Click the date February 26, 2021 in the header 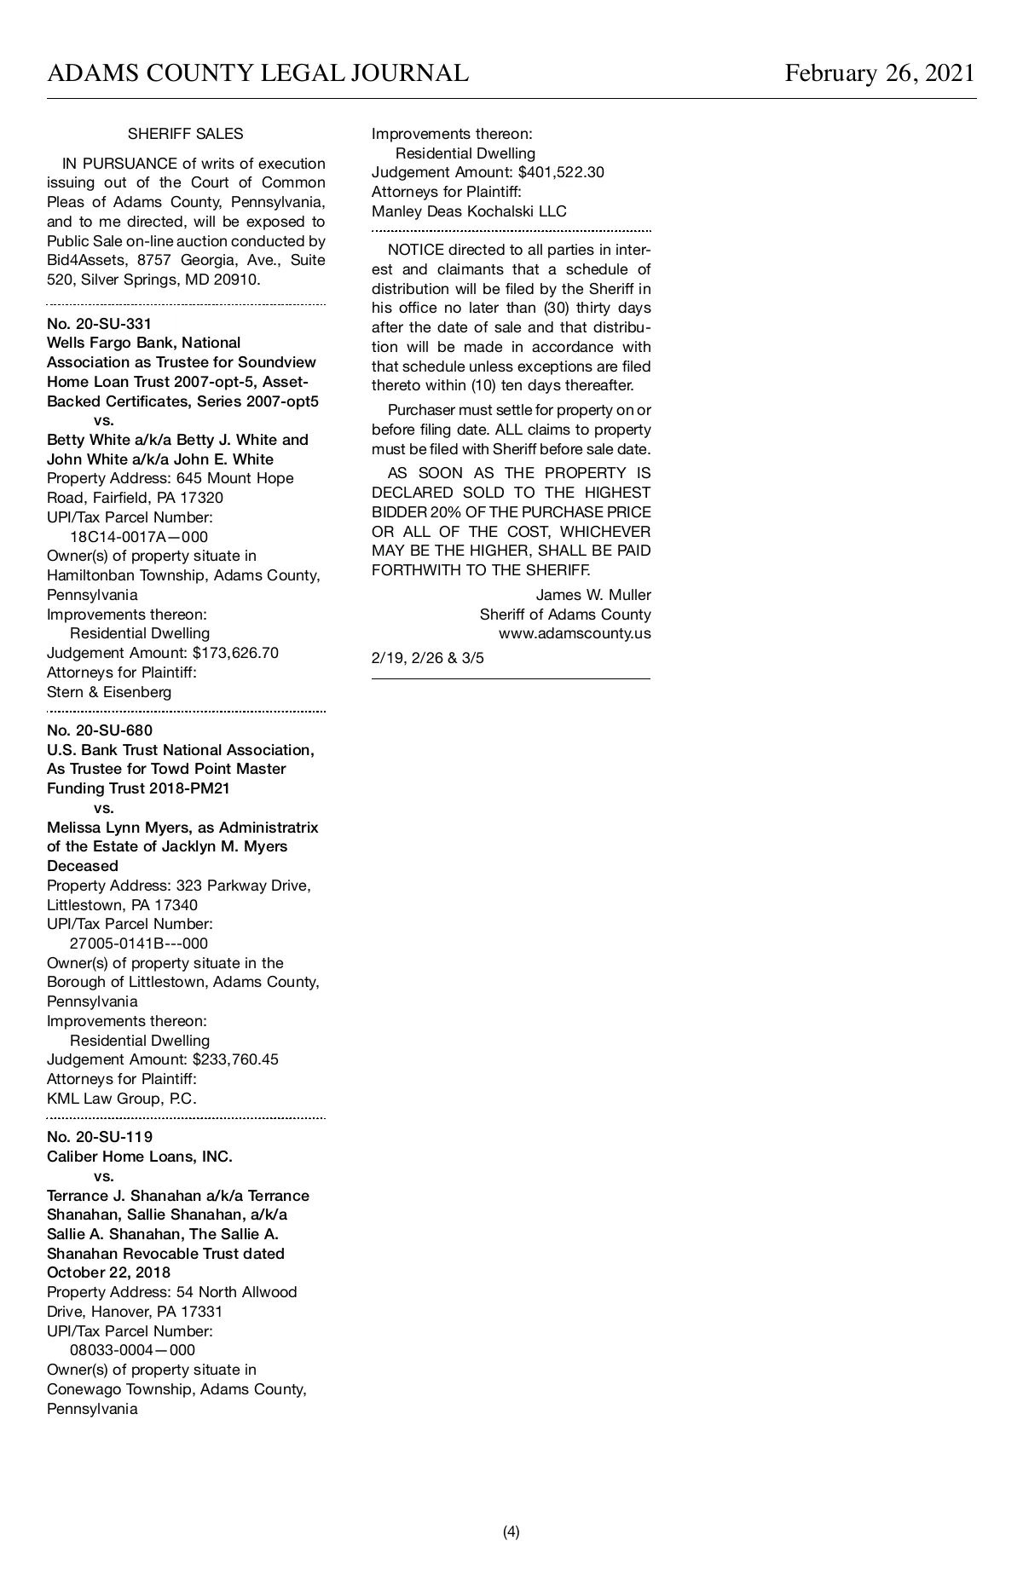(879, 73)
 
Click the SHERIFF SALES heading (185, 134)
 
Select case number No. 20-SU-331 (100, 324)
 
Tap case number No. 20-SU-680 (100, 730)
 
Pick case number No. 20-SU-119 (100, 1137)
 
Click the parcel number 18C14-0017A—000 (139, 537)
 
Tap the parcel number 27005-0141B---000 (139, 943)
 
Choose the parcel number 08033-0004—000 (132, 1350)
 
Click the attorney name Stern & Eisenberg (109, 692)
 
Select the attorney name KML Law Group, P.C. (122, 1099)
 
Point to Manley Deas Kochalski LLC (469, 211)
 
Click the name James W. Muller (593, 595)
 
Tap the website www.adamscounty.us (575, 633)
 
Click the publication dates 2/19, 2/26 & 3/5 (428, 658)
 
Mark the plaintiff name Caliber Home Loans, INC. (140, 1157)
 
